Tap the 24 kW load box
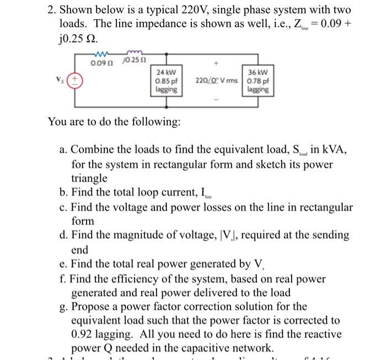click(167, 80)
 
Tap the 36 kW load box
click(258, 80)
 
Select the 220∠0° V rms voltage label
click(216, 80)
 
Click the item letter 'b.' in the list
click(63, 192)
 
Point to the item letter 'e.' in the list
click(63, 264)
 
